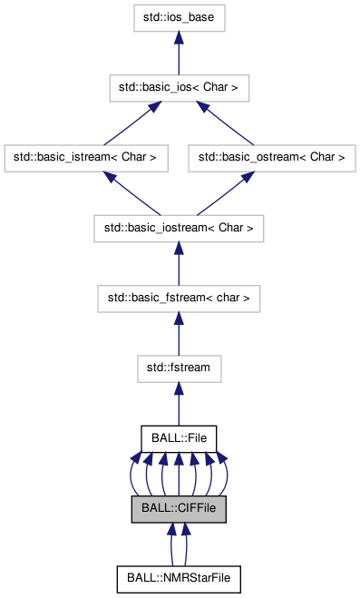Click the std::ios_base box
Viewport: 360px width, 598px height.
pos(179,16)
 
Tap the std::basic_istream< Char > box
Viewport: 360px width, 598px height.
pos(86,157)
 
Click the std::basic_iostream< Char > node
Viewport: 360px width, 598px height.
pos(179,228)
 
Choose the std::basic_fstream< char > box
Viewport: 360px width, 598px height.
pos(179,298)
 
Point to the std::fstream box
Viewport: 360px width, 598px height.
pos(179,368)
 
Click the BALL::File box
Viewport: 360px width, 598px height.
pos(179,438)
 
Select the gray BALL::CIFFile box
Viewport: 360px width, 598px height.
pos(179,508)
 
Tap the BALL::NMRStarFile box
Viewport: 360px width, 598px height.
pos(179,578)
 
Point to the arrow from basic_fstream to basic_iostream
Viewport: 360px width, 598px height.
pos(179,263)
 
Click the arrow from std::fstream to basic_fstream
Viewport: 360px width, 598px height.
pos(179,333)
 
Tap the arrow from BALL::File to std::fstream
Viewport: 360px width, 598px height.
pos(179,403)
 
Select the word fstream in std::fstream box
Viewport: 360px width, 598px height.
pos(188,368)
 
